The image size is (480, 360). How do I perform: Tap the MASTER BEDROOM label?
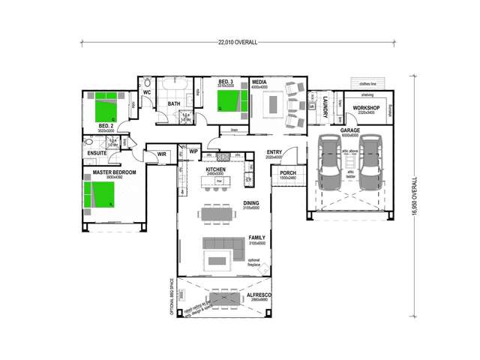click(x=114, y=172)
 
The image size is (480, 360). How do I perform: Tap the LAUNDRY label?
click(x=325, y=107)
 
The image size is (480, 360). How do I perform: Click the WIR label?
click(x=161, y=154)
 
